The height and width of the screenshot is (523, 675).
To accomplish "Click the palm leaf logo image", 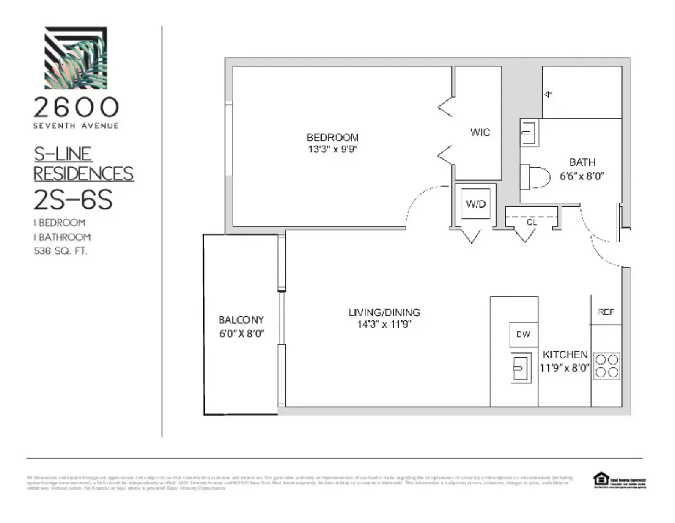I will (76, 58).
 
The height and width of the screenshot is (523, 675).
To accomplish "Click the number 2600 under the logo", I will (76, 107).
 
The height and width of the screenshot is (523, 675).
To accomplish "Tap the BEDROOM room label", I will (332, 138).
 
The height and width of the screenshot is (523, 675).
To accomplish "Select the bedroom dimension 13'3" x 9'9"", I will (333, 149).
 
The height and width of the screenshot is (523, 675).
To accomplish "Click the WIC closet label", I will (480, 132).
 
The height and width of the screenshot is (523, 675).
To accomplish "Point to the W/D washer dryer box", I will (476, 204).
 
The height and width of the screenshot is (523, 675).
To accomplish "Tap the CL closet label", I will (532, 223).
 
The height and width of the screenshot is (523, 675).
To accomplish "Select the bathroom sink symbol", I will (529, 133).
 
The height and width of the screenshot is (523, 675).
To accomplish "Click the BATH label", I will (582, 162).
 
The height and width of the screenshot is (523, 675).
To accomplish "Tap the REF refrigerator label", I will (606, 312).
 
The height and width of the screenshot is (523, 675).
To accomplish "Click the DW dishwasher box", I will (524, 334).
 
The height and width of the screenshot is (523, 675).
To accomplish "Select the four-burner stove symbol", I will (606, 366).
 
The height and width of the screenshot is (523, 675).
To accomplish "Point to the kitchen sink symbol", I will (521, 368).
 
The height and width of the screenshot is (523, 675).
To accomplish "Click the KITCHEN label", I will (565, 354).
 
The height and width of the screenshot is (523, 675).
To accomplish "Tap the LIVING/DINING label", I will (384, 312).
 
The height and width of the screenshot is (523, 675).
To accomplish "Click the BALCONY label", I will (241, 320).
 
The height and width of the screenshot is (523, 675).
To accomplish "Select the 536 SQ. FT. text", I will (60, 251).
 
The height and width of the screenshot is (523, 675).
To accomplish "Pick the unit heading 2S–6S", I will (73, 200).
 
